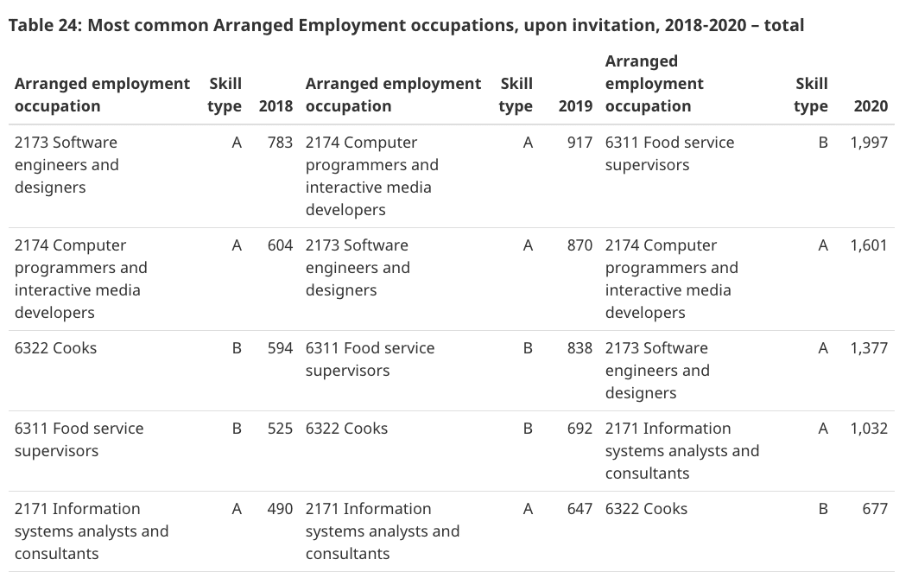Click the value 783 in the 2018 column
pos(280,143)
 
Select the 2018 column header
pos(275,106)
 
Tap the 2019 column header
pos(575,106)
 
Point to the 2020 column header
pos(870,106)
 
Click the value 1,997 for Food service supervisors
pos(868,143)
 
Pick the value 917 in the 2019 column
pos(579,143)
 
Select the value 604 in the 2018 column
pos(280,245)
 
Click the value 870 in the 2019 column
pos(579,245)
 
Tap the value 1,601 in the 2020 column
pos(868,245)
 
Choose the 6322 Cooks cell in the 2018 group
pos(56,348)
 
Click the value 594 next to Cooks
pos(280,348)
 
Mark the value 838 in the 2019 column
pos(579,348)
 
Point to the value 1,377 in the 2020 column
pos(868,348)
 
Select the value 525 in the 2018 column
pos(280,429)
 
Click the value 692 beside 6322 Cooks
pos(579,429)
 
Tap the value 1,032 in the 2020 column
pos(868,429)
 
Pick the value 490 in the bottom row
pos(280,509)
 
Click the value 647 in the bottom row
pos(579,509)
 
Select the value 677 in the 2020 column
pos(874,509)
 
